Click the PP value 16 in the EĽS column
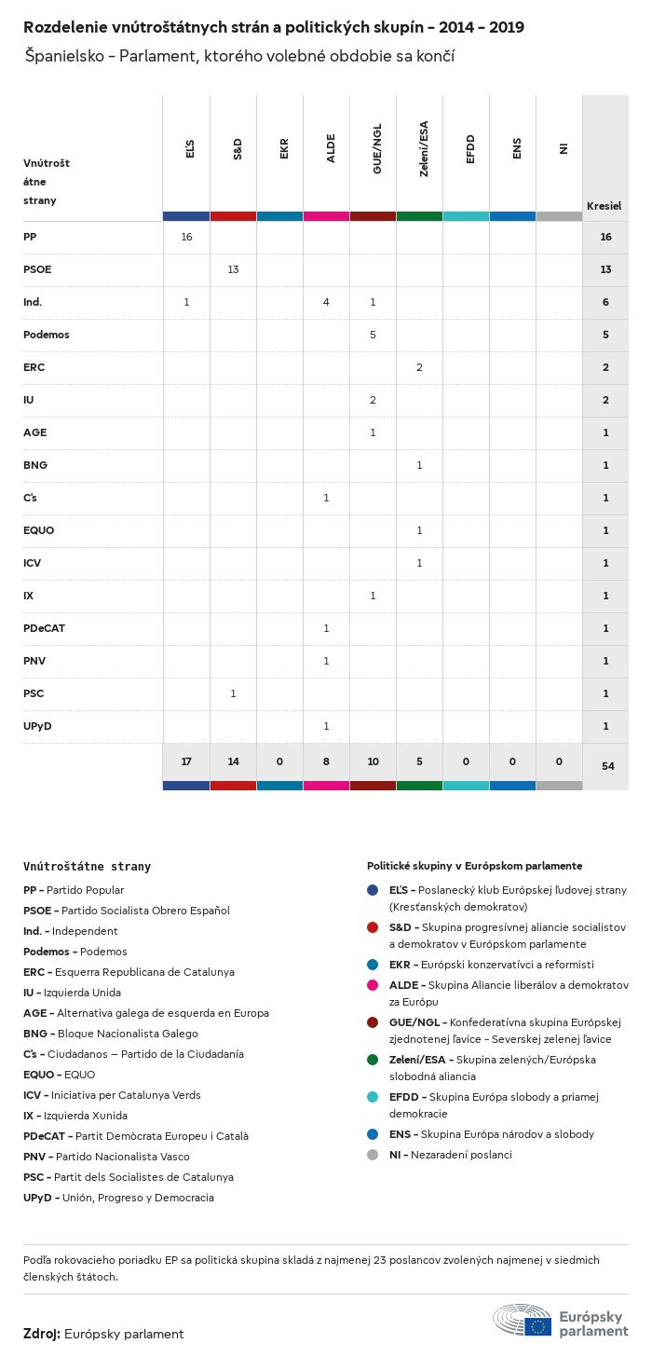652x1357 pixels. (x=186, y=237)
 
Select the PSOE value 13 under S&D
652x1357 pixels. (x=233, y=269)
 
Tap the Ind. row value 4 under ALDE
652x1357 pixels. (x=326, y=302)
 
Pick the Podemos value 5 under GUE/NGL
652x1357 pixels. (x=373, y=335)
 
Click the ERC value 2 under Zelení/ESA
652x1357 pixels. (x=419, y=367)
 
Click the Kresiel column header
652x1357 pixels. (x=604, y=206)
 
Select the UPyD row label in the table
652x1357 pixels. (x=36, y=726)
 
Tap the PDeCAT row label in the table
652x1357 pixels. (x=44, y=628)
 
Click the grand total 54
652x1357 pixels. (x=607, y=766)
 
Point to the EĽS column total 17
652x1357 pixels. (x=186, y=761)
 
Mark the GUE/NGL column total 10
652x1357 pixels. (x=373, y=761)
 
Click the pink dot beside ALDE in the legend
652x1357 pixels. (x=373, y=984)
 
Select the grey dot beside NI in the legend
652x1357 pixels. (x=373, y=1155)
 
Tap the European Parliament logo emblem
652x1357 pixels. (x=523, y=1322)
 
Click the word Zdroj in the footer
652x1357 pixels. (x=42, y=1334)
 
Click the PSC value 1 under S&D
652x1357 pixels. (x=233, y=693)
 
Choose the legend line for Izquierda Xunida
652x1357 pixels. (x=75, y=1116)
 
